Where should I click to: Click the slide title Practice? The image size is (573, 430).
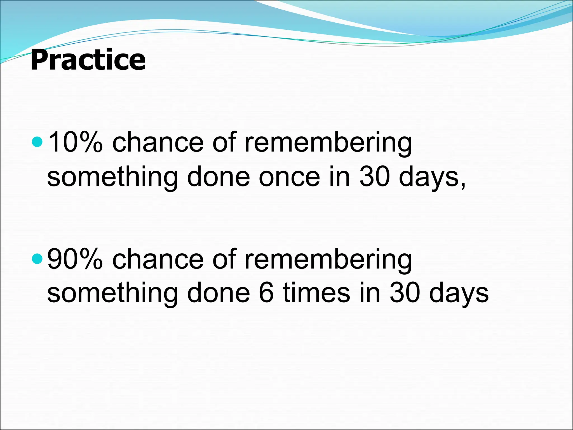[88, 60]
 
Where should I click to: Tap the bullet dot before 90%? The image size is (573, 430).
[37, 259]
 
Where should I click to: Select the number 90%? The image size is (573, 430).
[75, 259]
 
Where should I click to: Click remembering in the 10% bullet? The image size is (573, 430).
[328, 143]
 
